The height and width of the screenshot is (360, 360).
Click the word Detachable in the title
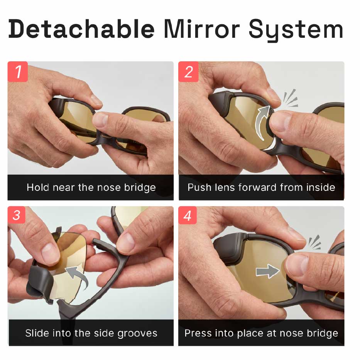click(x=81, y=29)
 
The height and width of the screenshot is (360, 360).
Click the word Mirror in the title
click(x=202, y=29)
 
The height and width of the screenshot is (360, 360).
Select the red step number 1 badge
click(x=18, y=72)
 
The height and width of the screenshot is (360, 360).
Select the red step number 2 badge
click(x=188, y=72)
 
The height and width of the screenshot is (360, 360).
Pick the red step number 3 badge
click(x=16, y=215)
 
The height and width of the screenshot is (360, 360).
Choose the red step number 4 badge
click(x=188, y=215)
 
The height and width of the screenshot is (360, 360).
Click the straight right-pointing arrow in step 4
click(x=267, y=271)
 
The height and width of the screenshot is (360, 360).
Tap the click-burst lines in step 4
click(x=314, y=242)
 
